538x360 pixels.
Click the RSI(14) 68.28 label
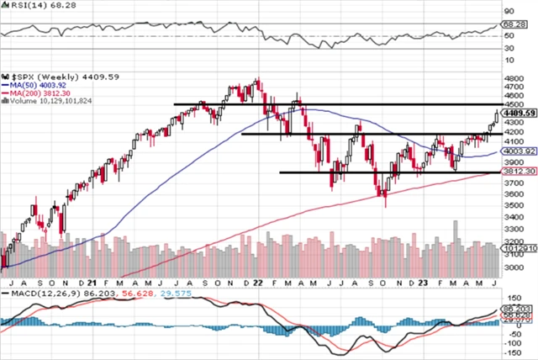click(x=32, y=6)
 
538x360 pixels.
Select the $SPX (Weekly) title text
click(x=44, y=77)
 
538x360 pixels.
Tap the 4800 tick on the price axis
click(x=510, y=84)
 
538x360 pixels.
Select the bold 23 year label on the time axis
click(x=421, y=283)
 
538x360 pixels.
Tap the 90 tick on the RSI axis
click(x=507, y=12)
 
